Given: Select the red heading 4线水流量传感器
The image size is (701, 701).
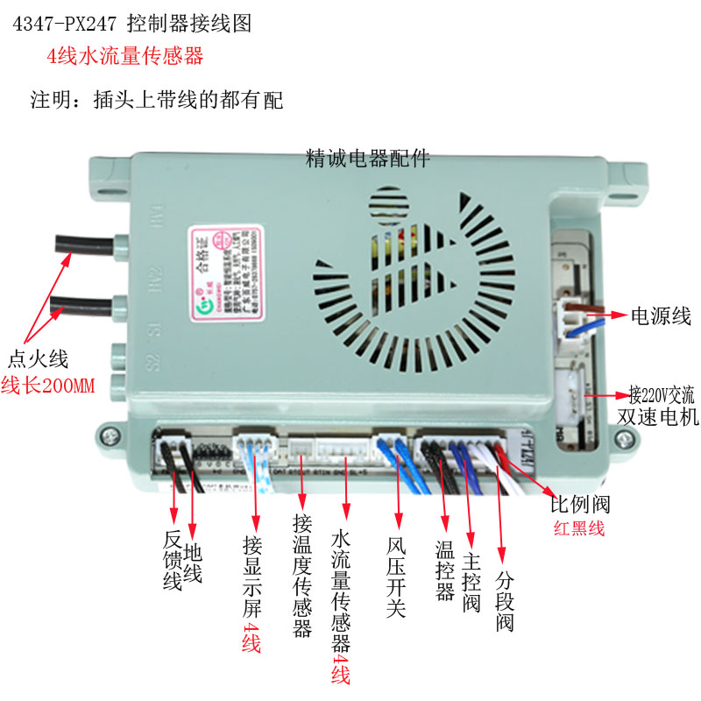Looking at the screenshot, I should pyautogui.click(x=125, y=57).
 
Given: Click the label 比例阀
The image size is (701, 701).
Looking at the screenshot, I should pyautogui.click(x=579, y=505).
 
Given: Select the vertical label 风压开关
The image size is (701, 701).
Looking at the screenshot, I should pyautogui.click(x=395, y=574).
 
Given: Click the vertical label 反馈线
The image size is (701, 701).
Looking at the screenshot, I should pyautogui.click(x=172, y=561).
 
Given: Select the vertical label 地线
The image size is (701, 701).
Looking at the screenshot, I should pyautogui.click(x=194, y=561).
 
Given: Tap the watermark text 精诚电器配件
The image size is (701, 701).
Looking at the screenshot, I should pyautogui.click(x=367, y=159).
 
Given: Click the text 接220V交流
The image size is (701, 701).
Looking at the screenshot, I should pyautogui.click(x=663, y=392).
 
